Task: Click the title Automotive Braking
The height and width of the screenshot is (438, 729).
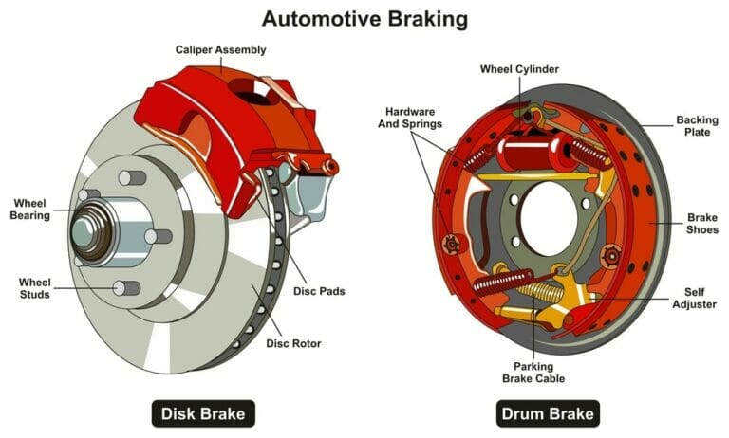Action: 364,17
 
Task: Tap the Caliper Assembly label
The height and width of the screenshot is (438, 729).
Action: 220,48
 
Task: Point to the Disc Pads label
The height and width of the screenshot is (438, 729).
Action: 318,291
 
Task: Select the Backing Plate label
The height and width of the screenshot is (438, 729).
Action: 697,126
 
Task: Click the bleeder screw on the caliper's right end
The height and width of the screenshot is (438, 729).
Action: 330,167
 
